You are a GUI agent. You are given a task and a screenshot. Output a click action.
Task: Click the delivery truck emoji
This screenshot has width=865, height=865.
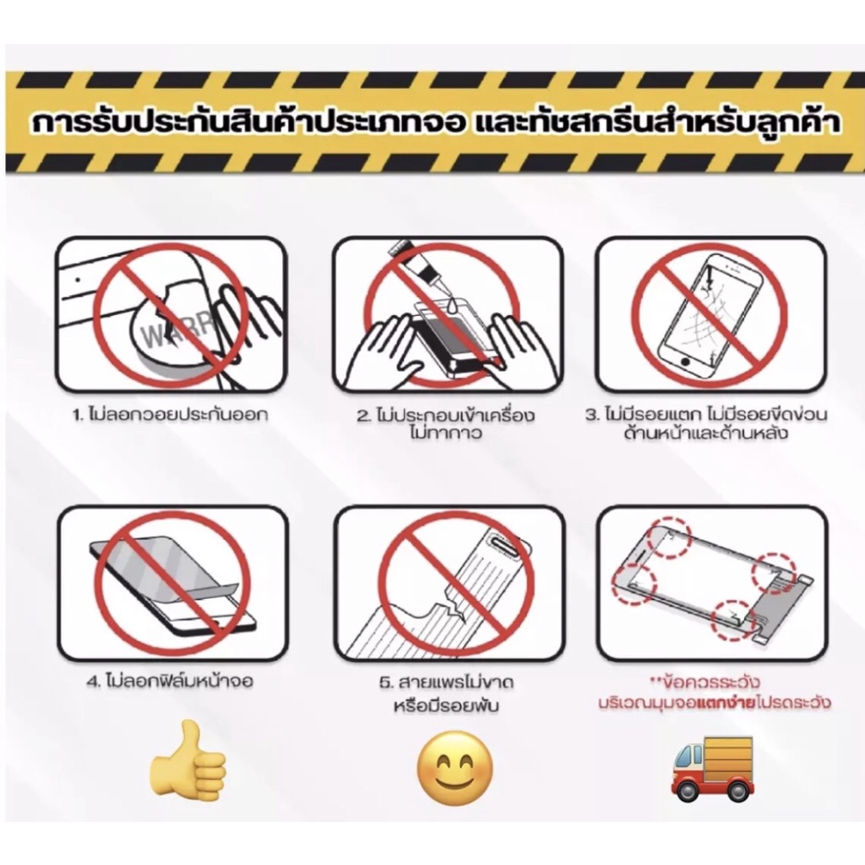(x=712, y=768)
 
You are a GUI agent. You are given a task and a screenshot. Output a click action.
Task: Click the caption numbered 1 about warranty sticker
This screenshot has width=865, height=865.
(x=171, y=416)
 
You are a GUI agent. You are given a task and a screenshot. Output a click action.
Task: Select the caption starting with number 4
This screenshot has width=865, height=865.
(x=170, y=683)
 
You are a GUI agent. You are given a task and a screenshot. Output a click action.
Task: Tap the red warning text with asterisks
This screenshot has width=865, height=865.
(x=715, y=694)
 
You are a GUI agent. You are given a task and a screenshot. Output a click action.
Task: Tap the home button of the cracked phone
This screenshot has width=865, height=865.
(x=686, y=362)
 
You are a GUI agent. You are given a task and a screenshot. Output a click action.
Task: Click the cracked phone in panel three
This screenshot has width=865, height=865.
(x=710, y=313)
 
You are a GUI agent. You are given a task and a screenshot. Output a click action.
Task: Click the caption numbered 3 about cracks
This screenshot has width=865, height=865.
(x=706, y=424)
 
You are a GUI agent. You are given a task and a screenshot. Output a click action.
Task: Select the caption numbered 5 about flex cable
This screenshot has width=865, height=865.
(x=446, y=694)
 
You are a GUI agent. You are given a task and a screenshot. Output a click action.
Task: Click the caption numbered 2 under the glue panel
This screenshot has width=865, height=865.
(x=446, y=424)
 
